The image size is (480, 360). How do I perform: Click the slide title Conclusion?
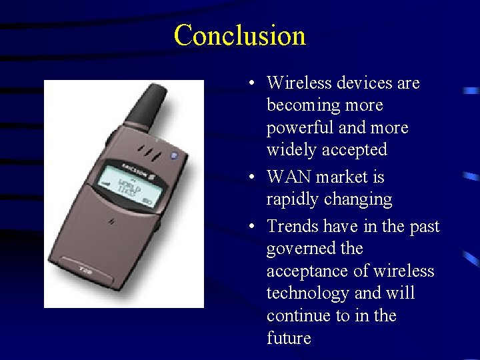239,35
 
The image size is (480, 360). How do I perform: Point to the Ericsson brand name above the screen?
133,161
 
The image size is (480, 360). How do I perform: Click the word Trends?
293,227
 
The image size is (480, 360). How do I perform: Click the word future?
289,338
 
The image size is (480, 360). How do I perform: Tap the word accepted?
354,150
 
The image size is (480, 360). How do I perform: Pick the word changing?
358,199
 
